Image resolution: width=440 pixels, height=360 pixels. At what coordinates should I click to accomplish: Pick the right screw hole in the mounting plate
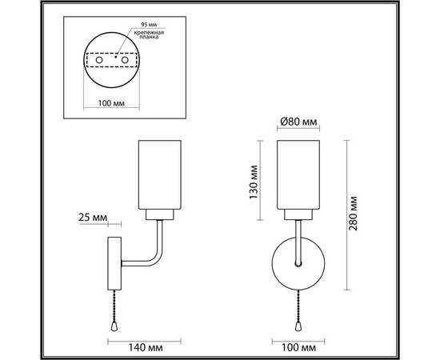[124, 60]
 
